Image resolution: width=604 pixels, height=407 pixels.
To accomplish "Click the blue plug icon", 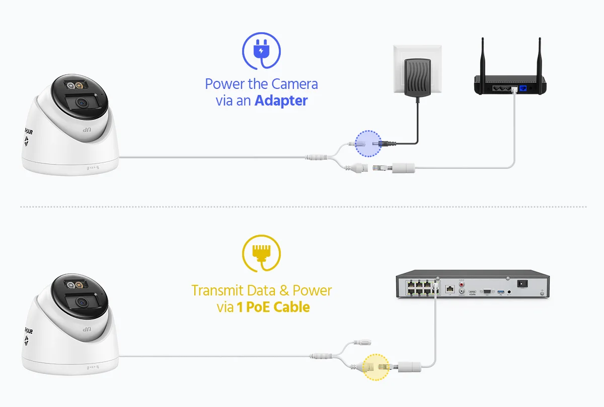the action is coord(261,50).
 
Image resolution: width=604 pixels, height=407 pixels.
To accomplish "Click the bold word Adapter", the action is coord(281,100).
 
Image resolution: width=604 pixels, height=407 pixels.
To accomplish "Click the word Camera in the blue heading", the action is coord(295,83).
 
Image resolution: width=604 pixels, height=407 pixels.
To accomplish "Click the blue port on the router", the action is coord(524,88).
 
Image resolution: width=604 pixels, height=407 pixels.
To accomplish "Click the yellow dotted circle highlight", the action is coord(376,366).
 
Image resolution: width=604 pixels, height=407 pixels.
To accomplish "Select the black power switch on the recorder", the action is coord(523,284).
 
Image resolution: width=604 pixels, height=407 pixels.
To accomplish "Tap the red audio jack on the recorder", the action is coord(462,282).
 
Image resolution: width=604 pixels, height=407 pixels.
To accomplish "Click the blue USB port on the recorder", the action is coord(500,291).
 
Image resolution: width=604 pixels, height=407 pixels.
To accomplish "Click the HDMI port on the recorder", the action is coord(473,291).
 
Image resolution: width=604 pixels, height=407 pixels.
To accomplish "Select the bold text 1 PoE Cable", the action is coord(274,307).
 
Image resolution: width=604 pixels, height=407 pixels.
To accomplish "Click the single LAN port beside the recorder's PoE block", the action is coord(450,289).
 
